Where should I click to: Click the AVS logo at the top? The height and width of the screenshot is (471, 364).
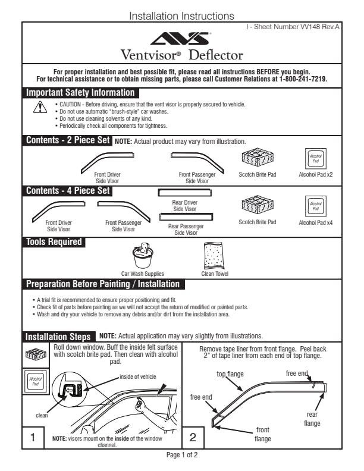point(181,39)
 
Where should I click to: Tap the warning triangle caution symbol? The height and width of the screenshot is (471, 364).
point(40,107)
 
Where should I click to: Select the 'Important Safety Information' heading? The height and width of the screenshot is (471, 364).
point(80,93)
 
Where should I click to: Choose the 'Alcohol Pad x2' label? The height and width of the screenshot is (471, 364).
point(315,175)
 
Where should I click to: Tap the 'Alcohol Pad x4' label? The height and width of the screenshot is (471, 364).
point(315,222)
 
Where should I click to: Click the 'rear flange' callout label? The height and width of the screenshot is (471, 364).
point(312,419)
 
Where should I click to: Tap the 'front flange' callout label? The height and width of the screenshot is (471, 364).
point(262,434)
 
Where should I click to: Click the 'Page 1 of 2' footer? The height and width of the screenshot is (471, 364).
point(181,455)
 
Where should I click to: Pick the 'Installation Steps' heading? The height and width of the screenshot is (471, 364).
point(58,337)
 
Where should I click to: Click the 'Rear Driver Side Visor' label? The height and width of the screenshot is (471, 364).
point(185,206)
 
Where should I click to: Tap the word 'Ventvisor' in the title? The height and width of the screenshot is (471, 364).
point(151,55)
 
